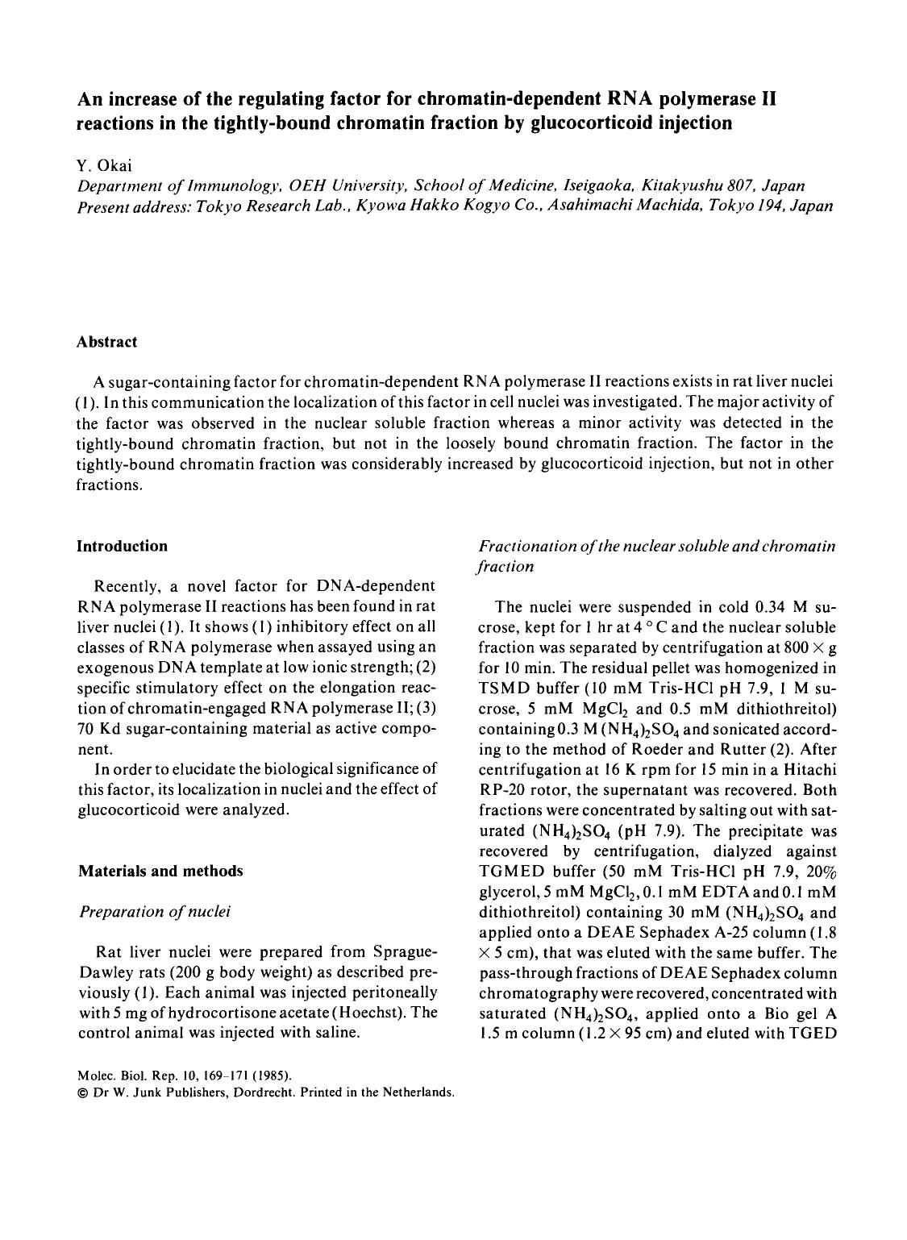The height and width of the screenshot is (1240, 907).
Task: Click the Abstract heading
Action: coord(106,342)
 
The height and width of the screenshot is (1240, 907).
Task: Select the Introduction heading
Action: coord(122,546)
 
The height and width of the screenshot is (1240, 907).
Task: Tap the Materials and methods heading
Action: coord(159,871)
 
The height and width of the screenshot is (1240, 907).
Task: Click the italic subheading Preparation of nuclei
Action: coord(153,911)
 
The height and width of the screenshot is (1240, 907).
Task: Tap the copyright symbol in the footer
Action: coord(81,1094)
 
